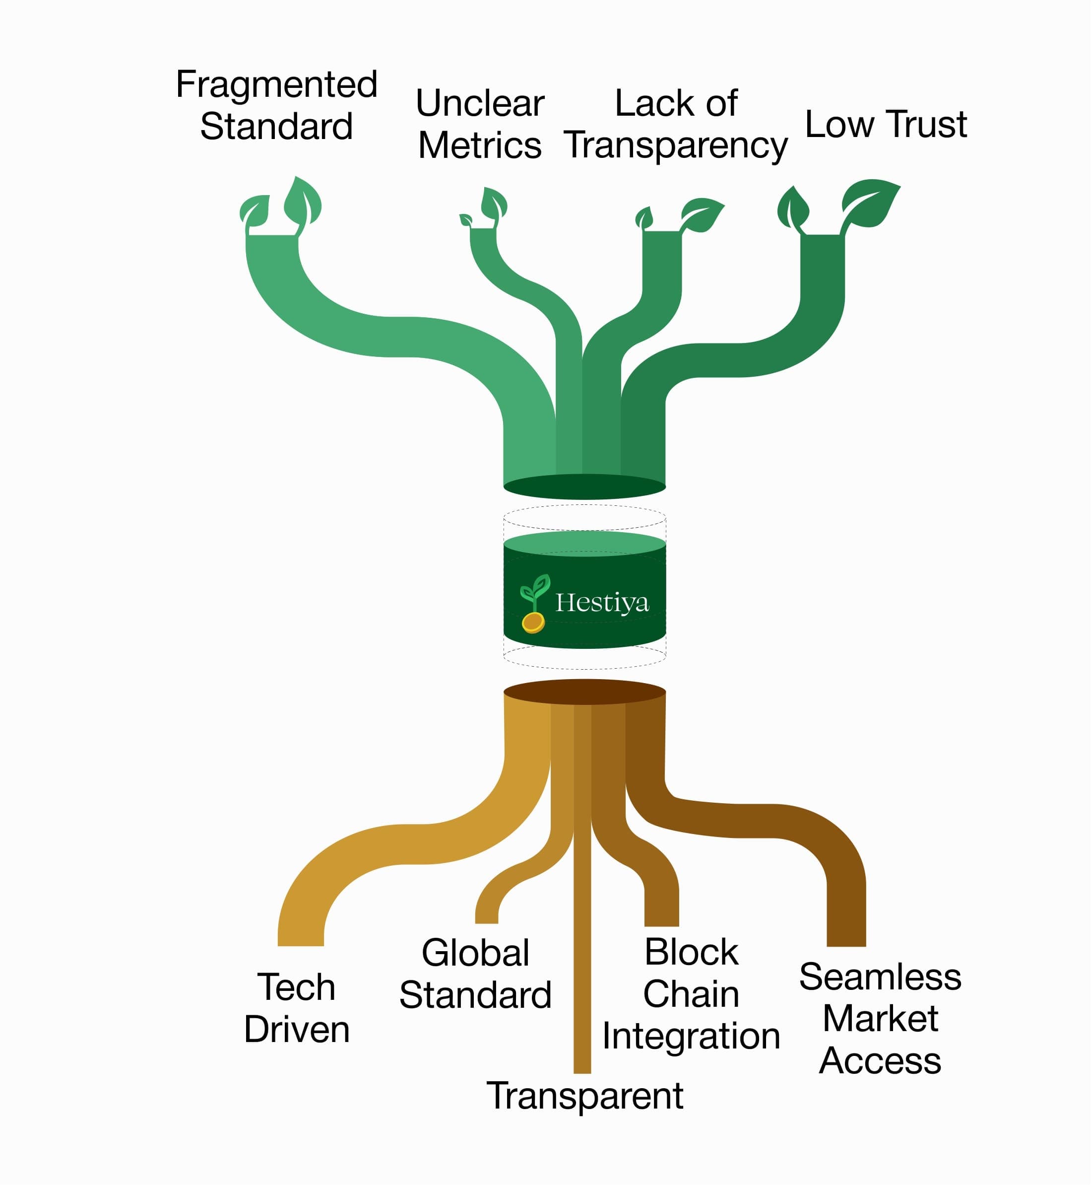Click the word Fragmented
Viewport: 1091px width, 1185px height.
coord(276,84)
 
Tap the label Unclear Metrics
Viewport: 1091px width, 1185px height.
coord(479,124)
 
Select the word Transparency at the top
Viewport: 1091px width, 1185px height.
coord(675,145)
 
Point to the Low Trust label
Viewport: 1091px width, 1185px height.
coord(886,124)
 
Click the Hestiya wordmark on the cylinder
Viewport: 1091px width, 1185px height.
coord(602,603)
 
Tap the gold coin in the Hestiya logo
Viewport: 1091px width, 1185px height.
coord(533,622)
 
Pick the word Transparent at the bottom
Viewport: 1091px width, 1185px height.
coord(584,1096)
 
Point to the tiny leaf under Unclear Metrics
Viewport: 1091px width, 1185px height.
coord(466,220)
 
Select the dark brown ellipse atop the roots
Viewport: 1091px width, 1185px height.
coord(584,692)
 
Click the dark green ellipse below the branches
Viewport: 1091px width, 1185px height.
coord(584,487)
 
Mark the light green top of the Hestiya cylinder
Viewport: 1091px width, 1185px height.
coord(584,542)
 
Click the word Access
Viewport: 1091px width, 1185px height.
coord(880,1060)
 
